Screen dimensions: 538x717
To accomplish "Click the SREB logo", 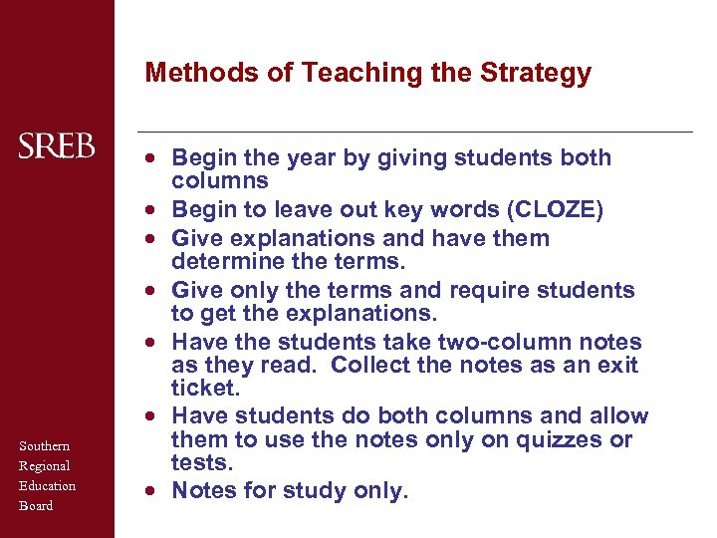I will point(57,146).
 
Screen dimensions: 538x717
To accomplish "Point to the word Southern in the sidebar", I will point(45,445).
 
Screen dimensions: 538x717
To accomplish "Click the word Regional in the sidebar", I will point(45,465).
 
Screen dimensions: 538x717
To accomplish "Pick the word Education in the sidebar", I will point(48,485).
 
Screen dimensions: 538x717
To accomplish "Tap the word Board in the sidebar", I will point(35,505).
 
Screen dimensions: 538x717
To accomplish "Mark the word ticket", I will point(204,388).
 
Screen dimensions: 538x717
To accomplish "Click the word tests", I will point(201,462).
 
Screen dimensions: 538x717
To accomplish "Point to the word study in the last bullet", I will point(318,490).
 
